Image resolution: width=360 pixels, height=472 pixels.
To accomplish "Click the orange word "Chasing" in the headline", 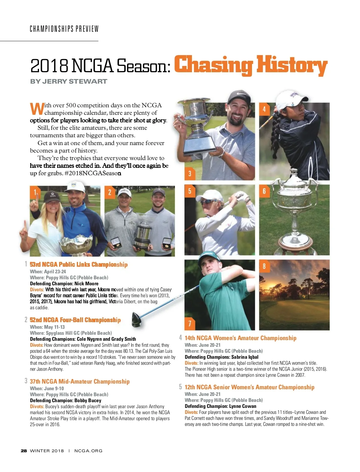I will (213, 65).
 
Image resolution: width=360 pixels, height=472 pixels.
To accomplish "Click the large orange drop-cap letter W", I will (37, 109).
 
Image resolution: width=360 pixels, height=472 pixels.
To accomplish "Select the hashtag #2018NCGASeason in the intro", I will (93, 173).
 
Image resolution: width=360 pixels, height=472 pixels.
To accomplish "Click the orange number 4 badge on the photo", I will (264, 109).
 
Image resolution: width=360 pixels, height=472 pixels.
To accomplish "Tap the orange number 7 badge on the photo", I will (190, 323).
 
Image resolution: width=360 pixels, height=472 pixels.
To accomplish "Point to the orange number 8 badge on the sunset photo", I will (264, 266).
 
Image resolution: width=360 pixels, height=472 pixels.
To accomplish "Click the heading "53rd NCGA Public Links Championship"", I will (79, 264).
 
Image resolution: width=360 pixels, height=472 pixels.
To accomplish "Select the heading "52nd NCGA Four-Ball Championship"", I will (75, 320).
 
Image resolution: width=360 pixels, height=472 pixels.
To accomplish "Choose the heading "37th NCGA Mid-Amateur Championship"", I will (79, 381).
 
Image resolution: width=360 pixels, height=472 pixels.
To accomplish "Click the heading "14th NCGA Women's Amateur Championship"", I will (240, 338).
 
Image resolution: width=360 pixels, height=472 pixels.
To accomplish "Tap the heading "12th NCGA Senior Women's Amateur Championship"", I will (249, 387).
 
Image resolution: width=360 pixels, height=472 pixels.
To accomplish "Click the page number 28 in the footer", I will (24, 451).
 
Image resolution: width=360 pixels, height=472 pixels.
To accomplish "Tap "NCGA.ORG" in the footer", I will (88, 451).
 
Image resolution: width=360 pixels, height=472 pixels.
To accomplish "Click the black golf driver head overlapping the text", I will (136, 319).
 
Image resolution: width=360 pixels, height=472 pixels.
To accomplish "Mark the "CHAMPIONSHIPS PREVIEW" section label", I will (64, 29).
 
